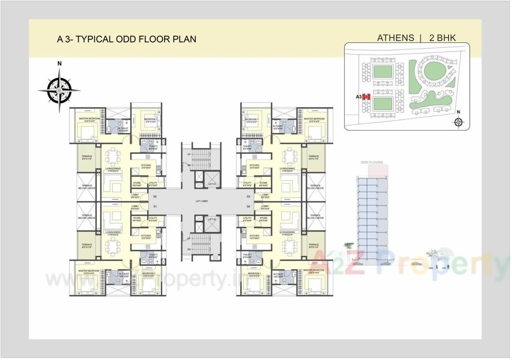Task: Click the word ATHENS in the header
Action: tap(395, 38)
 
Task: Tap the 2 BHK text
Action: tap(442, 38)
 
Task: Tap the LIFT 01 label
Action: tap(212, 184)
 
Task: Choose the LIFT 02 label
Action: tap(212, 219)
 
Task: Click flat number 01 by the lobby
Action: tap(155, 207)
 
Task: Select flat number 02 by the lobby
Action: tap(155, 196)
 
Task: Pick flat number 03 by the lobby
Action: tap(248, 196)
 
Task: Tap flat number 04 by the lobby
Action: tap(248, 207)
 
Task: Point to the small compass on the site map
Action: tap(459, 122)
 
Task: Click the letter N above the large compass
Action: tap(59, 63)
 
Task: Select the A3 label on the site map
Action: tap(359, 97)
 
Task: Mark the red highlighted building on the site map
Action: tap(366, 97)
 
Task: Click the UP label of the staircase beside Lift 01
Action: tap(188, 155)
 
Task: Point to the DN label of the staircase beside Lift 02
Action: tap(188, 249)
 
